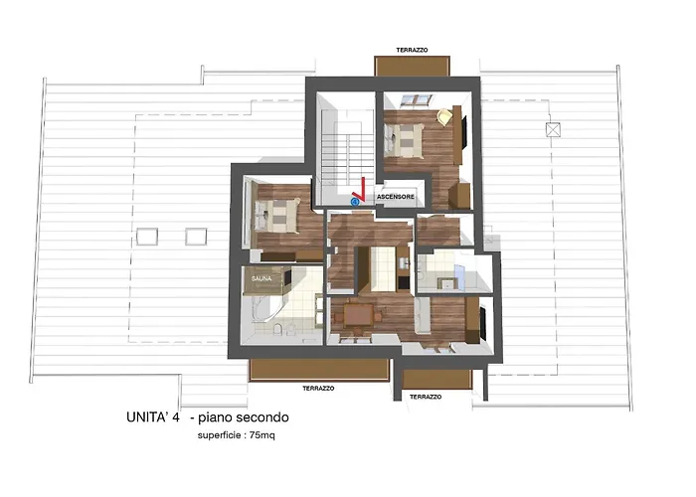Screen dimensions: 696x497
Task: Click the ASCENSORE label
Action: pos(396,196)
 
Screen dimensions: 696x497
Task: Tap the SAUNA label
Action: pos(261,278)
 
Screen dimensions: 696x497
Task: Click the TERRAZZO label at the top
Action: pos(412,50)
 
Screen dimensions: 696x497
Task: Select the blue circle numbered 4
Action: pos(355,202)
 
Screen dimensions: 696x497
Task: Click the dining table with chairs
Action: pos(357,316)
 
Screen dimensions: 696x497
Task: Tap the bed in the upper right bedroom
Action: pos(404,139)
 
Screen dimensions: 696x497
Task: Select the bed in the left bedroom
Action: pos(275,216)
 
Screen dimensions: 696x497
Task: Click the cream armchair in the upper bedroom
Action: pos(443,117)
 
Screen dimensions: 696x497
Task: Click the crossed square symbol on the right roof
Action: pos(553,129)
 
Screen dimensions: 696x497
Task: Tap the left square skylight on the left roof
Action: pos(147,237)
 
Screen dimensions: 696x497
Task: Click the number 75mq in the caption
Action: pos(261,435)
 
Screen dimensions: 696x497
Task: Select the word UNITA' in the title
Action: pos(147,417)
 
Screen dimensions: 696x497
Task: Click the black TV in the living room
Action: pos(483,321)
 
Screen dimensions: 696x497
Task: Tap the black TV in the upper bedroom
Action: pos(464,131)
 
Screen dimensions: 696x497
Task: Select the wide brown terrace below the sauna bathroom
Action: pos(319,370)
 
